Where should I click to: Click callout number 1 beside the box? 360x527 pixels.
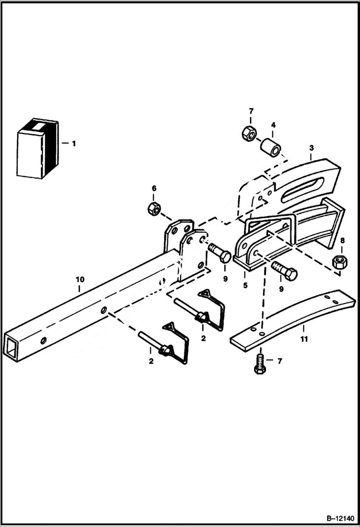(74, 143)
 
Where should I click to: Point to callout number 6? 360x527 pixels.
(154, 189)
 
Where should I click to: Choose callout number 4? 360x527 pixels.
(273, 125)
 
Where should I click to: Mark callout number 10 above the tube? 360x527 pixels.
(80, 279)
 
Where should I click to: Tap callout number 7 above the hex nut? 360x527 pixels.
(250, 112)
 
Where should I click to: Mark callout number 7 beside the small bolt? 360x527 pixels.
(280, 360)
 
